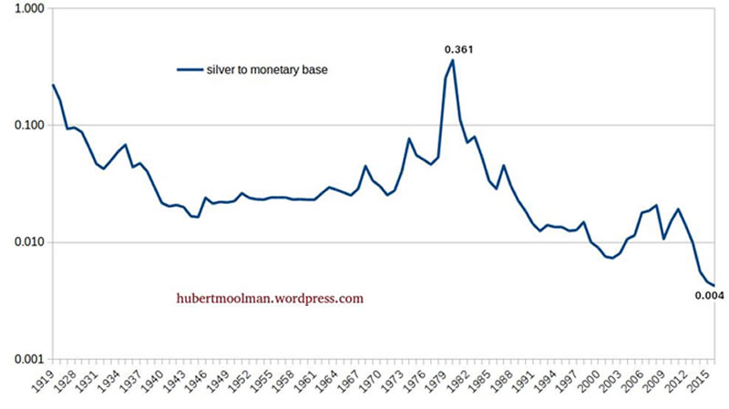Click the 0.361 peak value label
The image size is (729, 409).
457,49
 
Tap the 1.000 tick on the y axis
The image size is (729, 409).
27,8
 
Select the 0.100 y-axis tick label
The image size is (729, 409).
27,126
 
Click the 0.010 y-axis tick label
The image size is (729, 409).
27,243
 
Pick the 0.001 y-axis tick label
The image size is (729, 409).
27,361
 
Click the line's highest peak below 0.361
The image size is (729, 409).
453,61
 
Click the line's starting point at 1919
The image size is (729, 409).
53,85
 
